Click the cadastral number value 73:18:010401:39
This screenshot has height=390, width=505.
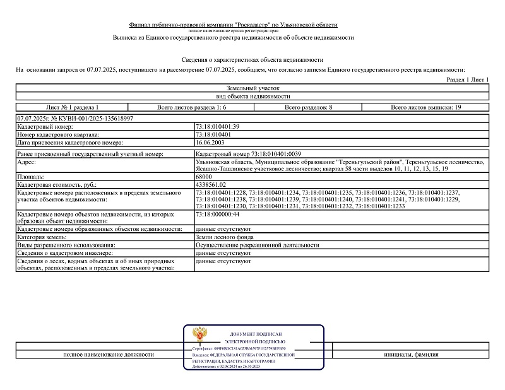(218, 127)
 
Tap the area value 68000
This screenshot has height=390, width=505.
(205, 177)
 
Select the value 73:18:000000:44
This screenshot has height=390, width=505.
(218, 214)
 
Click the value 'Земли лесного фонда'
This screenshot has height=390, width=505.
(224, 237)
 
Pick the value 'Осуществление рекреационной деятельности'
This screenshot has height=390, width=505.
(258, 245)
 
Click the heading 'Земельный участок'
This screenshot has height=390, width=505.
(252, 88)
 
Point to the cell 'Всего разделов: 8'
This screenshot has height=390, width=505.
(308, 107)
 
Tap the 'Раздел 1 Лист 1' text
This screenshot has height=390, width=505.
(467, 80)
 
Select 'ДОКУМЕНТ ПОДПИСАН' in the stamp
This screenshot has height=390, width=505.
(256, 333)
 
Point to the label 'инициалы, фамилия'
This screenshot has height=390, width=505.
(410, 355)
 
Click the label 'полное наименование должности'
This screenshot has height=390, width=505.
(108, 355)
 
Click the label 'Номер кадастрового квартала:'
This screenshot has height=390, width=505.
(59, 134)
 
